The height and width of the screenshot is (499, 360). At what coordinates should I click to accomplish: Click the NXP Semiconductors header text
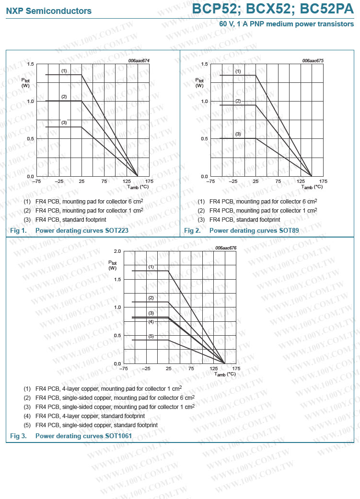49,11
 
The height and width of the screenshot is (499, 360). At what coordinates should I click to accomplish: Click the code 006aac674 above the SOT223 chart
139,61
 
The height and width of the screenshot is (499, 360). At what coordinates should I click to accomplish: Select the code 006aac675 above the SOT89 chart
313,61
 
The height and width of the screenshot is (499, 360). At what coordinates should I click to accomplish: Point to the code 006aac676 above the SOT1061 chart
226,248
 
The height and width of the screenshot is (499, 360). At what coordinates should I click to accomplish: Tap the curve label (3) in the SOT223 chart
64,123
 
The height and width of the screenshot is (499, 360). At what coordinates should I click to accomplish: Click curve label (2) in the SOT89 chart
238,101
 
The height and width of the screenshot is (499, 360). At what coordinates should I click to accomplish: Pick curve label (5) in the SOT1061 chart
151,336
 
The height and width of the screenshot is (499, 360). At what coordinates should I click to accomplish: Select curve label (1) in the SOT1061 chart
151,266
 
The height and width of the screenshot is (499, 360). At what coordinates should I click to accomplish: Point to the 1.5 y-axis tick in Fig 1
30,64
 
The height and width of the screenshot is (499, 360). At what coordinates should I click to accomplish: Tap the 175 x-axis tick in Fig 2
324,181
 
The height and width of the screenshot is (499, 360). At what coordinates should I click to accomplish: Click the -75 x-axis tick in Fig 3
123,369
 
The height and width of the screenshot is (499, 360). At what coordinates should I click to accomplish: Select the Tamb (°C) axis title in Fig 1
138,187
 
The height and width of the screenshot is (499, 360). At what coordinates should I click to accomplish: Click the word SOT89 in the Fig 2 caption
289,231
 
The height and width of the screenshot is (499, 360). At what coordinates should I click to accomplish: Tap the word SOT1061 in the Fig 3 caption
118,436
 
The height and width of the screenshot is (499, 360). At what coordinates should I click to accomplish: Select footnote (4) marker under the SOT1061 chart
27,416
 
